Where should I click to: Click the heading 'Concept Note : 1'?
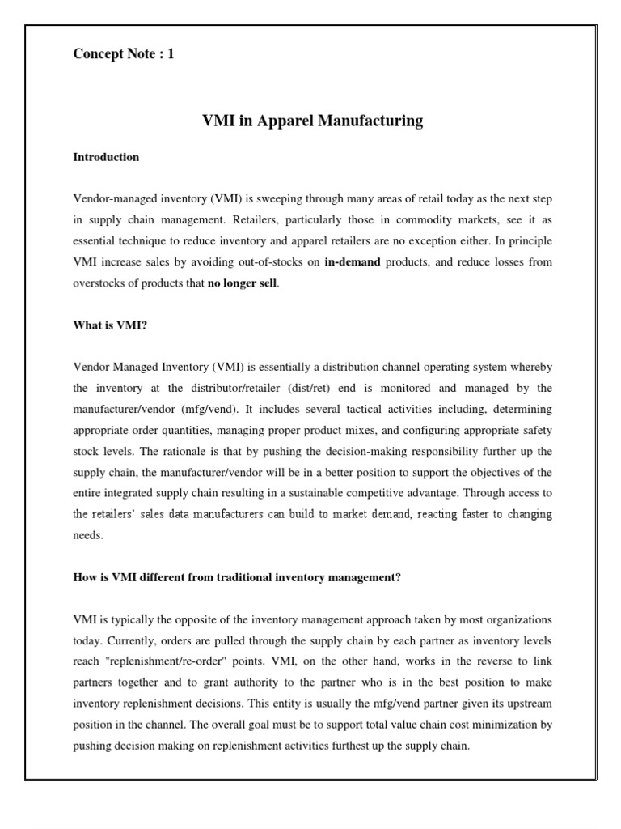pyautogui.click(x=123, y=54)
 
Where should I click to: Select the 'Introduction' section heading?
pyautogui.click(x=106, y=157)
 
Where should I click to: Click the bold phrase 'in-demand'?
pyautogui.click(x=352, y=262)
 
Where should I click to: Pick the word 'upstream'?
pyautogui.click(x=500, y=704)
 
